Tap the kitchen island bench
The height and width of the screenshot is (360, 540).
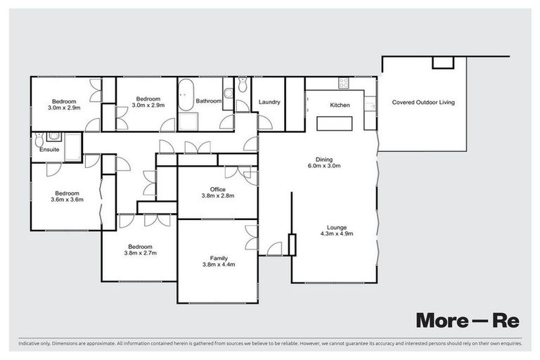click(x=335, y=124)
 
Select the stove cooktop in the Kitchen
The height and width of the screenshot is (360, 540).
click(x=344, y=82)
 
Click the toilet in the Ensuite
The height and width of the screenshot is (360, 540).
click(x=54, y=136)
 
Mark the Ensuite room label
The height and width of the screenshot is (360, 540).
click(x=49, y=150)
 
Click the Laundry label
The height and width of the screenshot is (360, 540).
click(x=269, y=103)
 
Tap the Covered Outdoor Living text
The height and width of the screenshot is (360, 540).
click(x=423, y=103)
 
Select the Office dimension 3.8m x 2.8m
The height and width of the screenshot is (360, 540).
click(x=217, y=197)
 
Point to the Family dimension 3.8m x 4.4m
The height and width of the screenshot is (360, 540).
click(x=217, y=265)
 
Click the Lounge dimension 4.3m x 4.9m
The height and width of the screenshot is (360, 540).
click(x=339, y=234)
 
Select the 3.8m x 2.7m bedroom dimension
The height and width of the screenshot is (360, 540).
click(x=141, y=253)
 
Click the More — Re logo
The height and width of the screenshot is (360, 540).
click(x=467, y=320)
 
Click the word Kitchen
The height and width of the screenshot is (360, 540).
click(x=340, y=105)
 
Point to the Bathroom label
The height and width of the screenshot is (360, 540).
click(x=209, y=101)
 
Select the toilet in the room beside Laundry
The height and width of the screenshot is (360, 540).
click(x=243, y=85)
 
